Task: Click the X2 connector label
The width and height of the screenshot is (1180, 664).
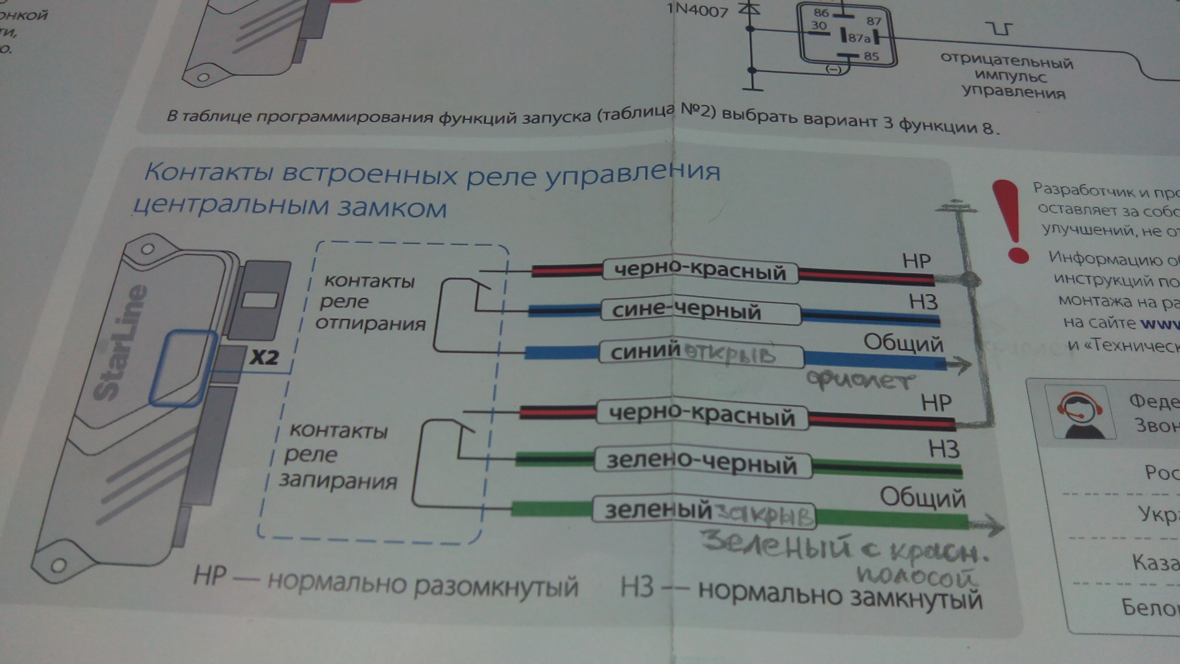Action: pyautogui.click(x=264, y=356)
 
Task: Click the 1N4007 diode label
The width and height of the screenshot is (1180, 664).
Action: pyautogui.click(x=697, y=10)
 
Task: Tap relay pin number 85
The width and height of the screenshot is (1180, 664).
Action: pyautogui.click(x=871, y=56)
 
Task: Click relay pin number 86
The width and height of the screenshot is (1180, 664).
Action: pyautogui.click(x=821, y=13)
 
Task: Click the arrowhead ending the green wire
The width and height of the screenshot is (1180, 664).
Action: pyautogui.click(x=993, y=525)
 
